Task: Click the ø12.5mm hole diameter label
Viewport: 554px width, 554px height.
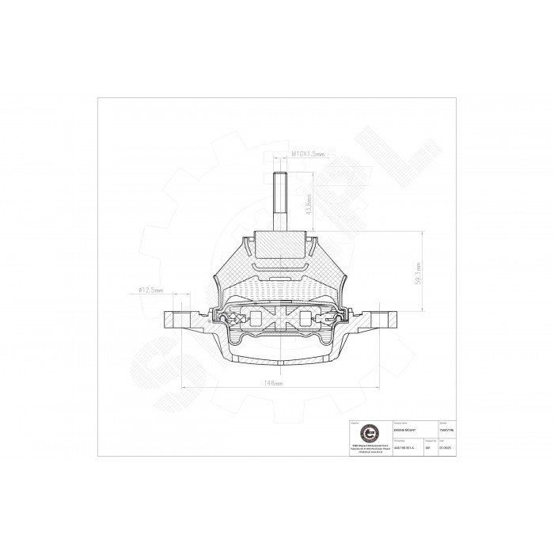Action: (x=150, y=290)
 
